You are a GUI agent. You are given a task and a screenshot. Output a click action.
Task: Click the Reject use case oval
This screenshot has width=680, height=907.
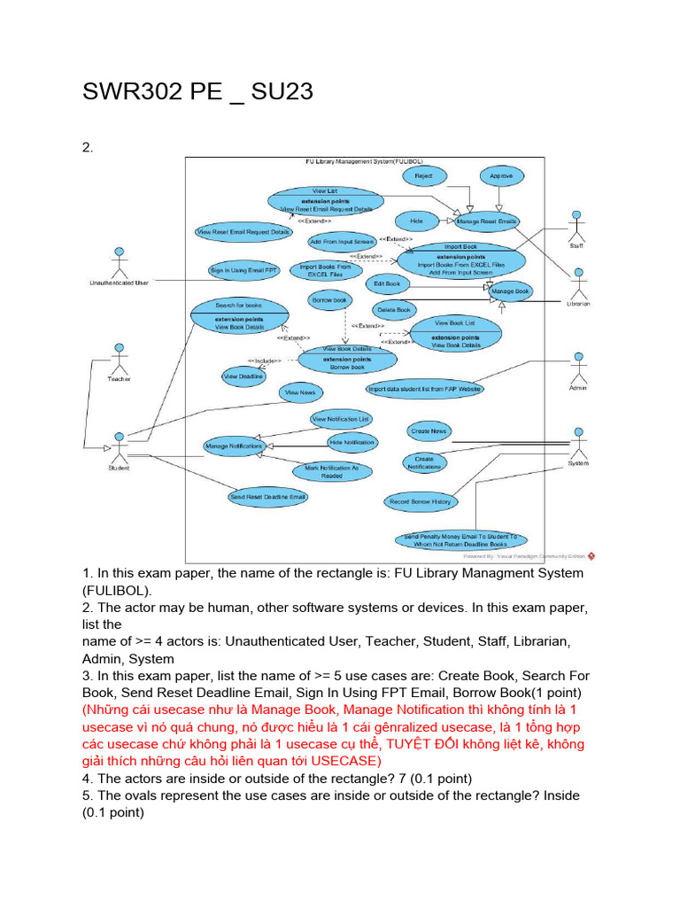[x=423, y=176]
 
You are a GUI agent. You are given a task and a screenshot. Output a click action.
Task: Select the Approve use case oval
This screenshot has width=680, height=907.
[x=501, y=176]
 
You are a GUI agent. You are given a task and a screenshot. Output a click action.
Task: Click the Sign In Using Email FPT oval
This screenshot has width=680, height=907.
[x=242, y=270]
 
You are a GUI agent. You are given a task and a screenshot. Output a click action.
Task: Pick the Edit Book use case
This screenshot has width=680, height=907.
[x=387, y=284]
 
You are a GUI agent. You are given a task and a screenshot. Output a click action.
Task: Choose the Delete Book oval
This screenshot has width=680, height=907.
[x=393, y=310]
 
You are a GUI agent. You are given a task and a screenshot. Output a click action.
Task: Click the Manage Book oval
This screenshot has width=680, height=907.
[x=510, y=291]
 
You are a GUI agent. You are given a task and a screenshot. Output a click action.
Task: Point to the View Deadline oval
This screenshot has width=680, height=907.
[x=243, y=376]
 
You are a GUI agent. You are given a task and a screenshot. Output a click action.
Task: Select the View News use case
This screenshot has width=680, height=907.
[x=300, y=392]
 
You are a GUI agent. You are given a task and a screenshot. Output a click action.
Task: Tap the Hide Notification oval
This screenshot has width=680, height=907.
[x=352, y=442]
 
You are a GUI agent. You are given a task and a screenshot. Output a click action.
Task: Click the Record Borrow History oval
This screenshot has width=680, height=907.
[x=421, y=502]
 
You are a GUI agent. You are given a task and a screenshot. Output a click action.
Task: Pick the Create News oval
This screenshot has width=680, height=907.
[x=429, y=431]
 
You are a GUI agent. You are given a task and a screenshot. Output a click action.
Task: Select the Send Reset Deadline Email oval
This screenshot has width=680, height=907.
[x=268, y=497]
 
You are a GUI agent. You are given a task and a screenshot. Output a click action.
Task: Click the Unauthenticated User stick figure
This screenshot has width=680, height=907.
[x=118, y=262]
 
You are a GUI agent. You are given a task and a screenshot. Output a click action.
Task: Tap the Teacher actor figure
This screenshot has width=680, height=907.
[x=119, y=359]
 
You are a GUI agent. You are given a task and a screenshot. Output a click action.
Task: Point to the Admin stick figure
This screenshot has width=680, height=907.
[x=578, y=368]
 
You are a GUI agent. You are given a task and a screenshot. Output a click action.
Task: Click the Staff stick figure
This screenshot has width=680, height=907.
[x=576, y=225]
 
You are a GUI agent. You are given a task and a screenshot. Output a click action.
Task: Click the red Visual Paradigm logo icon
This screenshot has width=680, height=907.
[x=591, y=556]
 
